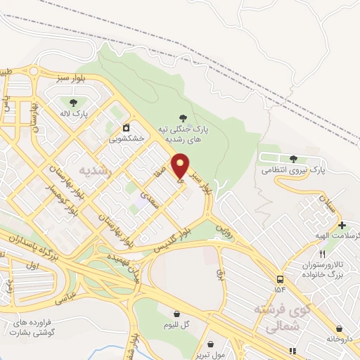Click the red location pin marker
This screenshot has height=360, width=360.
pos(181,165)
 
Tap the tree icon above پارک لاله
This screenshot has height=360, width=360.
pos(74,103)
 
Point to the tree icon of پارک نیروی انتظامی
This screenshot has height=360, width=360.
pos(293,158)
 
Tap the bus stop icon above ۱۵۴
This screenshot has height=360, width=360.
pos(281,278)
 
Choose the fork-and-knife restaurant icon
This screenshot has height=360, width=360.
pos(322,254)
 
